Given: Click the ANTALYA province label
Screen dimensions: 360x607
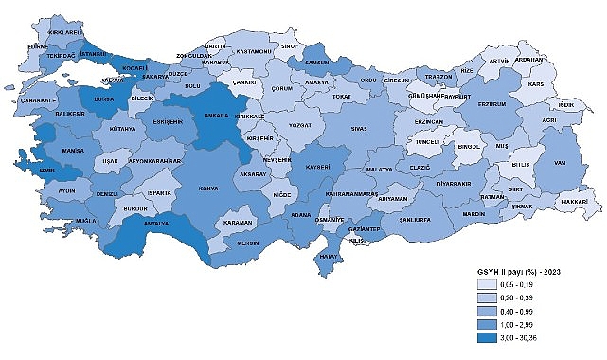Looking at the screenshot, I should coord(154,225).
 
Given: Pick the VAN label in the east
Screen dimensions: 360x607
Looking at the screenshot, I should coord(559,161).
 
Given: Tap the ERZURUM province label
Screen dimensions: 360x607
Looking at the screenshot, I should coord(491,104).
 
